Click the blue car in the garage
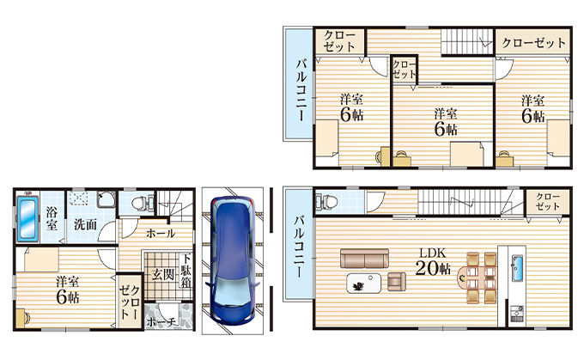click(x=233, y=260)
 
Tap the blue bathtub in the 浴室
click(x=27, y=218)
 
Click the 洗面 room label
click(x=85, y=225)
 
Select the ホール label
click(x=161, y=234)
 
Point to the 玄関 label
click(x=163, y=275)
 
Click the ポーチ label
click(x=161, y=322)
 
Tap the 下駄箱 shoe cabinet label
click(x=186, y=270)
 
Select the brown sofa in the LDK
click(x=364, y=259)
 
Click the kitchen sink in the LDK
click(x=517, y=268)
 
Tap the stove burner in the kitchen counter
click(x=517, y=314)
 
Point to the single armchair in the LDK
click(x=397, y=282)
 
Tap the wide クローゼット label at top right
click(x=533, y=43)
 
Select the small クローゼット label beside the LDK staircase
click(x=548, y=202)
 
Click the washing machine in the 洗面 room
click(x=106, y=199)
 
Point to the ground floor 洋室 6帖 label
click(x=67, y=290)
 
